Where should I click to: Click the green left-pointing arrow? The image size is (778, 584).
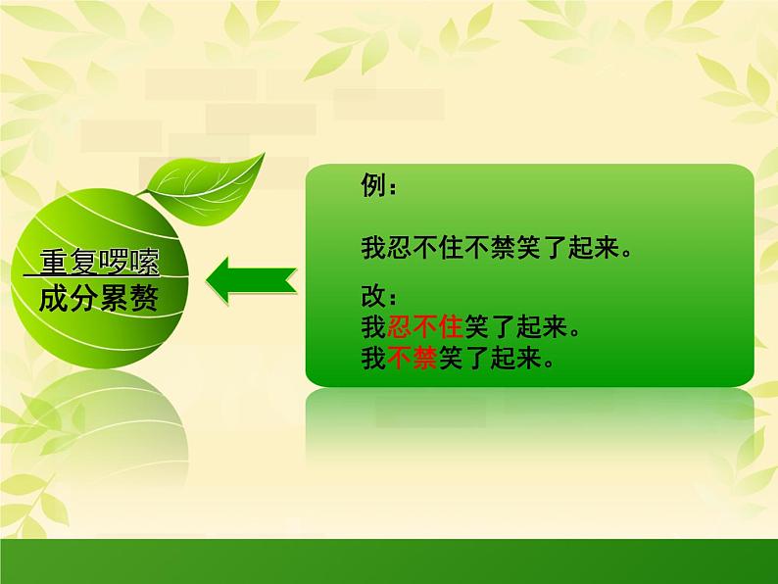pos(252,281)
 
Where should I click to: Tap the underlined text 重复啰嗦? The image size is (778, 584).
pos(99,262)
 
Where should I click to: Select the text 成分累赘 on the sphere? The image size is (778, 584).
pos(99,299)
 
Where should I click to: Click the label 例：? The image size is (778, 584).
pos(379,185)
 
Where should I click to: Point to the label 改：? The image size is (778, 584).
pos(379,296)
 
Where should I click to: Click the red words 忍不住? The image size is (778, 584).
pos(425,327)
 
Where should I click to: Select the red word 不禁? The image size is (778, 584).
pos(413,358)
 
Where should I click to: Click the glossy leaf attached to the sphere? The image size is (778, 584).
pos(206,191)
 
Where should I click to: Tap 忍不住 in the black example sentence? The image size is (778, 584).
pos(425,247)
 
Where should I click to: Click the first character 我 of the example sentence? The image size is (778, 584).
pos(373,247)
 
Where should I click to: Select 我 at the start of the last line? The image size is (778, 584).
pos(373,358)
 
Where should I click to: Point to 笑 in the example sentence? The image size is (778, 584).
pos(528,247)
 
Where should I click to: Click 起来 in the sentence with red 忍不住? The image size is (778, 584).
pos(541,327)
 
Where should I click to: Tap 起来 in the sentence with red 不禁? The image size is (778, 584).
pos(515,358)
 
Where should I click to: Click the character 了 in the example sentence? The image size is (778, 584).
pos(555,247)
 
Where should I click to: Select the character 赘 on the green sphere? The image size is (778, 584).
pos(144,299)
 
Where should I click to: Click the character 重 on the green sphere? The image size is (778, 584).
pos(54,262)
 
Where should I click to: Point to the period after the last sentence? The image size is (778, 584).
pos(549,363)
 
